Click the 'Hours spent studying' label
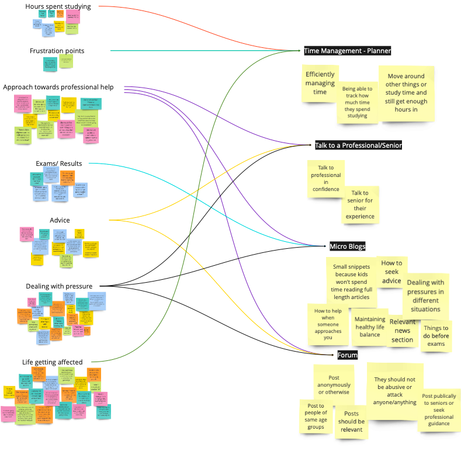point(58,6)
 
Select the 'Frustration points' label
point(57,51)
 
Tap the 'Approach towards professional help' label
point(58,88)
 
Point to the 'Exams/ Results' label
point(58,164)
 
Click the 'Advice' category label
point(60,220)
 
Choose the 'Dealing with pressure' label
point(59,286)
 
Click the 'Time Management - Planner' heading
point(348,51)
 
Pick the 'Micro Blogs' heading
point(347,246)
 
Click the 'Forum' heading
point(347,355)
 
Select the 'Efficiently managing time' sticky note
point(320,84)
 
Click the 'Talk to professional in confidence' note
point(325,178)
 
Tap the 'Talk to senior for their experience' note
point(360,204)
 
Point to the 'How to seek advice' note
point(391,272)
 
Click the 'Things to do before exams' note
point(436,336)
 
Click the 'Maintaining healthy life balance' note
point(369,327)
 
